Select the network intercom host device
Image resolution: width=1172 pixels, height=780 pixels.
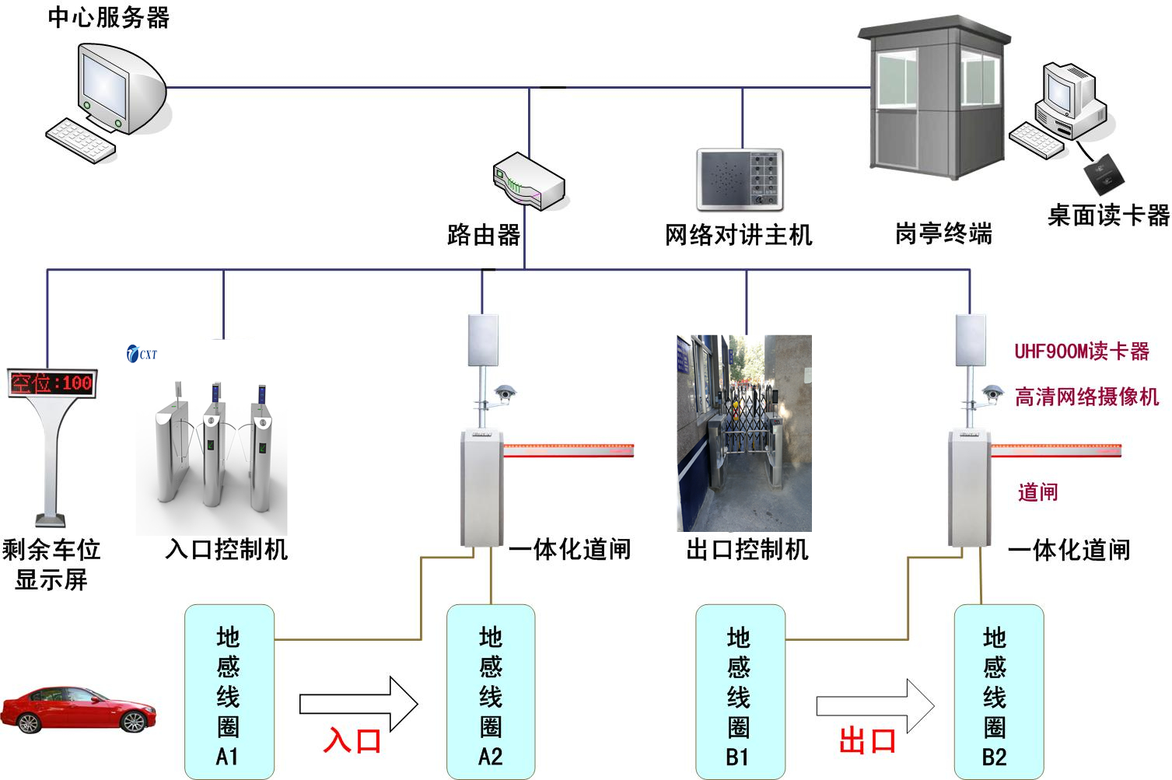(x=739, y=180)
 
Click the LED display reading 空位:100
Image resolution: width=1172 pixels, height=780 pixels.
(x=51, y=383)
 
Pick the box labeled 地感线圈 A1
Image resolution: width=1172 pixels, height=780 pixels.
(x=229, y=692)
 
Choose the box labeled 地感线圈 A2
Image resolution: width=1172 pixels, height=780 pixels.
(x=491, y=692)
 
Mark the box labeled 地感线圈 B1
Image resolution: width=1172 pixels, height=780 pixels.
(x=740, y=692)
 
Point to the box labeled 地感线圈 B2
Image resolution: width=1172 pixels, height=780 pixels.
(x=999, y=692)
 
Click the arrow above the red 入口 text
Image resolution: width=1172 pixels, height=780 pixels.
(x=359, y=704)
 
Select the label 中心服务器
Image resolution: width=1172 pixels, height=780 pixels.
(x=108, y=17)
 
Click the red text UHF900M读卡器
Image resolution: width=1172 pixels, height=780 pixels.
(x=1081, y=352)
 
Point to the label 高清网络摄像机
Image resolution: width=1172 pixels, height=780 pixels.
(x=1086, y=397)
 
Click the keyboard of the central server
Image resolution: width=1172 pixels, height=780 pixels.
(x=80, y=140)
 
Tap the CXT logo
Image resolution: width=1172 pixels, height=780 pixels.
(x=141, y=354)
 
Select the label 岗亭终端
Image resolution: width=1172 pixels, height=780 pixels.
(x=943, y=233)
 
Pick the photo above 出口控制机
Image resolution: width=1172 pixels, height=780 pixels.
(x=744, y=433)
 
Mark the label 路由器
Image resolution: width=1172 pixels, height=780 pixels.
(x=484, y=234)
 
